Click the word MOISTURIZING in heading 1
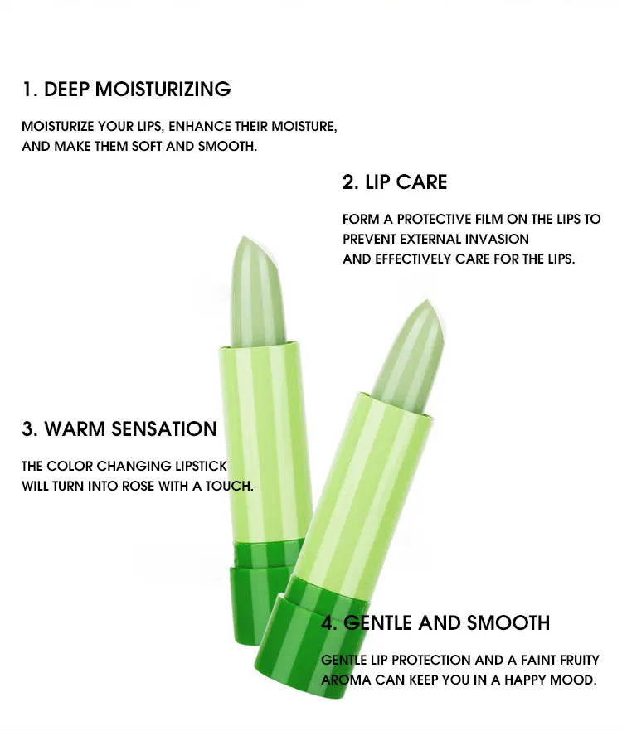pyautogui.click(x=163, y=89)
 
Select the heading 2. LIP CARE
pyautogui.click(x=395, y=182)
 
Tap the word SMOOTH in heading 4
pyautogui.click(x=508, y=623)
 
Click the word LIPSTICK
pyautogui.click(x=201, y=466)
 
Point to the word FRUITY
pyautogui.click(x=579, y=660)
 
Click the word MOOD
pyautogui.click(x=573, y=680)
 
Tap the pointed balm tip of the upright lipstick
pyautogui.click(x=243, y=239)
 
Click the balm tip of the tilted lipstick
pyautogui.click(x=426, y=303)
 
